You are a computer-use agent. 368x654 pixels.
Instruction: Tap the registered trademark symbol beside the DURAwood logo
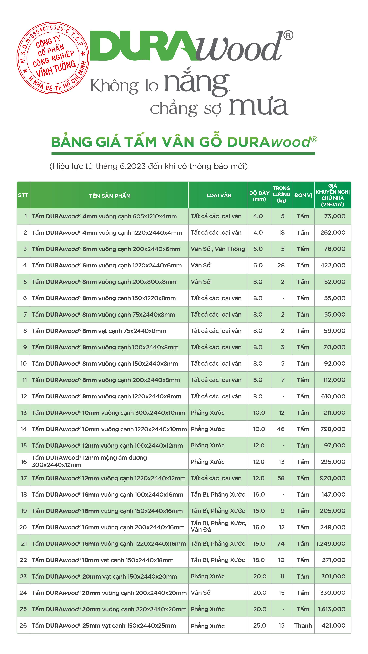tap(288, 35)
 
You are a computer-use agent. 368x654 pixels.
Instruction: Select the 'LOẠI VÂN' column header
tap(219, 195)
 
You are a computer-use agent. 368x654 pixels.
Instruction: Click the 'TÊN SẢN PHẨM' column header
tap(110, 196)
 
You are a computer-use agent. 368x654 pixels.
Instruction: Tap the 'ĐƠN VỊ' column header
tap(303, 195)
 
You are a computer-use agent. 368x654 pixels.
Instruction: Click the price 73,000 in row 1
tap(335, 216)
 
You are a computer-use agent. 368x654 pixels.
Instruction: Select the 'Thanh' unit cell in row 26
tap(303, 625)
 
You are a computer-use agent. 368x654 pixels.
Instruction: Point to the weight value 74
tap(281, 544)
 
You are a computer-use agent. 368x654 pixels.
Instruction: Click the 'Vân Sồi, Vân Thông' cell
tap(218, 249)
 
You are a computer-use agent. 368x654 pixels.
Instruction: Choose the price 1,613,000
tap(331, 609)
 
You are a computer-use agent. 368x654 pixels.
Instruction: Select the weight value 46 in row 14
tap(281, 429)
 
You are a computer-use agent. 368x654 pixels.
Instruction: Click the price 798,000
tap(333, 429)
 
